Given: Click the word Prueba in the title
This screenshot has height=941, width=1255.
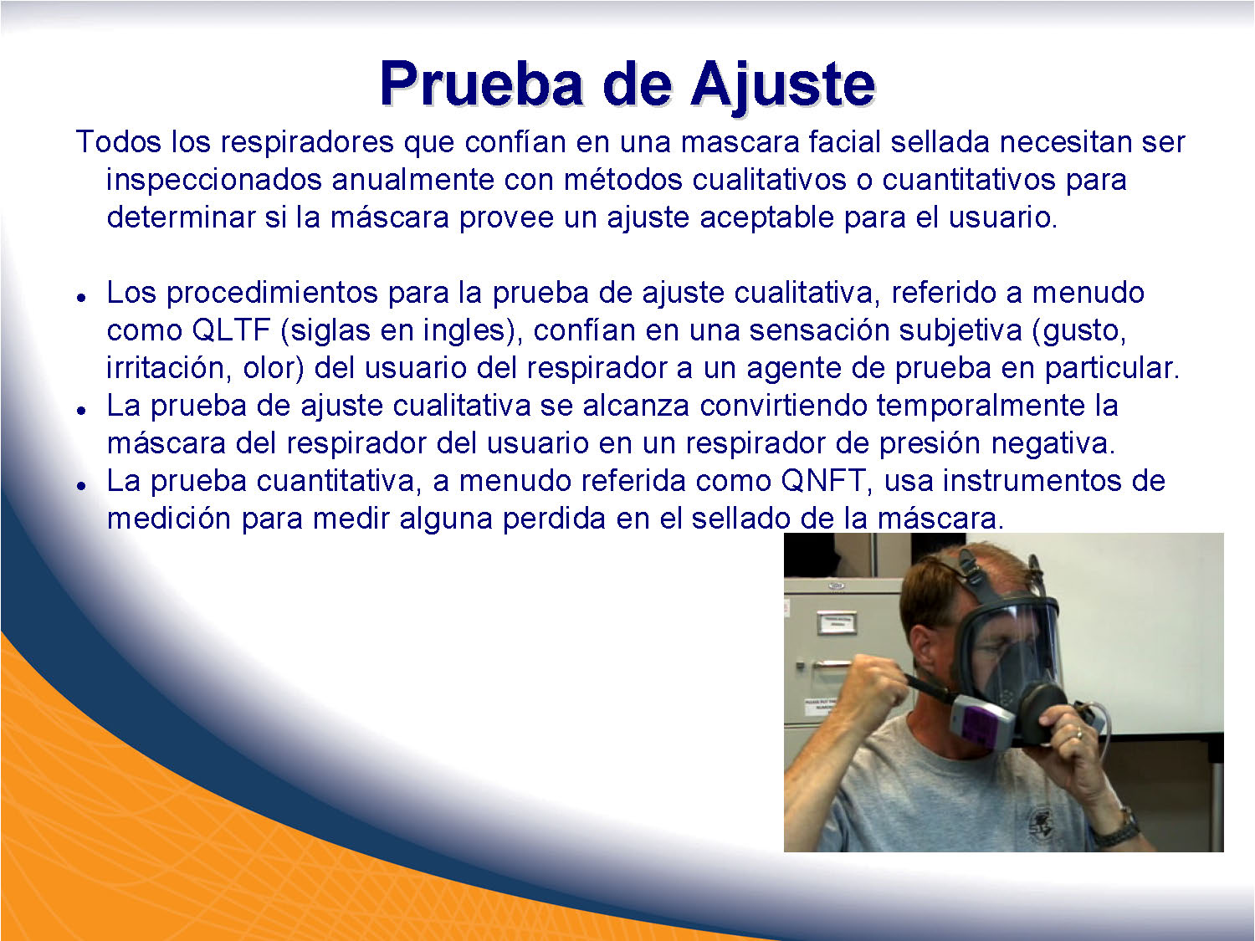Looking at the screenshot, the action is pos(481,84).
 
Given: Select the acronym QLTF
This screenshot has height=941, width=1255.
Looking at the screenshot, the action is pos(232,330).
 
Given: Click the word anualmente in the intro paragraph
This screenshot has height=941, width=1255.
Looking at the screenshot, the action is pos(412,180).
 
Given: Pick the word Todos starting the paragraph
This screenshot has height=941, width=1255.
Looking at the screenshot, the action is pos(118,141).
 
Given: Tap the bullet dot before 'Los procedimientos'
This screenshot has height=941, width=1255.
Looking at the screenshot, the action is pos(82,298).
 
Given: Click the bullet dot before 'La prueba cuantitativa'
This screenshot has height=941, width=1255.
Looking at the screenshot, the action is pos(82,486).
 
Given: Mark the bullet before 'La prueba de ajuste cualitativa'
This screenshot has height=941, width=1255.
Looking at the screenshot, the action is pos(82,410).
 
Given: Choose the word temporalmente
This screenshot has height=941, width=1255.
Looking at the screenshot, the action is pos(981,407).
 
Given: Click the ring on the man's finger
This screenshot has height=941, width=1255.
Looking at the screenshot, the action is pos(1079,732).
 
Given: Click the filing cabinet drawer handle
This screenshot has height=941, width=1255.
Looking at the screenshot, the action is pos(836,664).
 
